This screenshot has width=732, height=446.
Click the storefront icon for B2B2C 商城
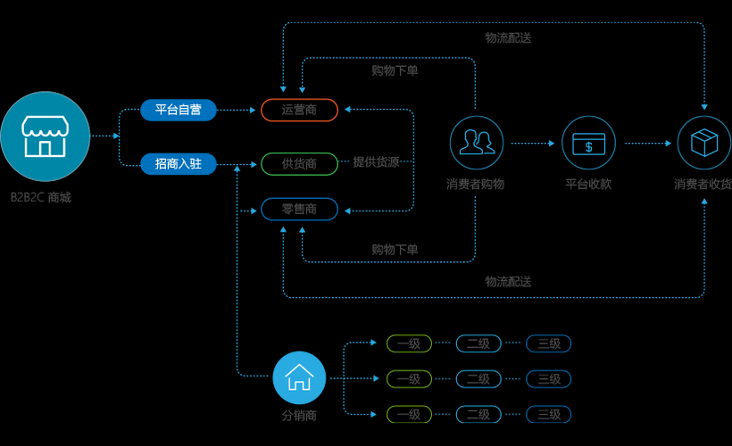(x=45, y=136)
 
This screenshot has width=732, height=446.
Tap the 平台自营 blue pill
(x=179, y=110)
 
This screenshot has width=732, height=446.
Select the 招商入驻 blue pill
(x=179, y=164)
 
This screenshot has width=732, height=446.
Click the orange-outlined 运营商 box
(x=299, y=110)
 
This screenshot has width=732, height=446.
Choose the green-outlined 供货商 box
(x=299, y=164)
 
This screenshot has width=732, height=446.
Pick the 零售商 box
(x=299, y=209)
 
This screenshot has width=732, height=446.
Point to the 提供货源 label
(x=376, y=161)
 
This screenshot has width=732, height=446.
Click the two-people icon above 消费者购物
(x=477, y=143)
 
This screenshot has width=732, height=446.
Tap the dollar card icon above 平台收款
(x=588, y=143)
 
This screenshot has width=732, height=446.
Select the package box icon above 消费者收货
(x=704, y=143)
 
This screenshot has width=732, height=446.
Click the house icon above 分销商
(x=299, y=377)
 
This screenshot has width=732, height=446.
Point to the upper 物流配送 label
(x=509, y=37)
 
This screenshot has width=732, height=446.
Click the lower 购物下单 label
(x=395, y=250)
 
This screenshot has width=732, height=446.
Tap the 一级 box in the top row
(x=409, y=343)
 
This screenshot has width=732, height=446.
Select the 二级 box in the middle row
(x=478, y=379)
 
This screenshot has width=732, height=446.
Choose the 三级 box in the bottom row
(x=548, y=414)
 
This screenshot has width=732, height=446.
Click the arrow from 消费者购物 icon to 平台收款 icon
(x=533, y=144)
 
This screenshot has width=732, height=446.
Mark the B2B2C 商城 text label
(x=40, y=197)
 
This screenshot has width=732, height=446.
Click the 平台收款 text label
(x=588, y=184)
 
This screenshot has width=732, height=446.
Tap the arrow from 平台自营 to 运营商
(x=237, y=110)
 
